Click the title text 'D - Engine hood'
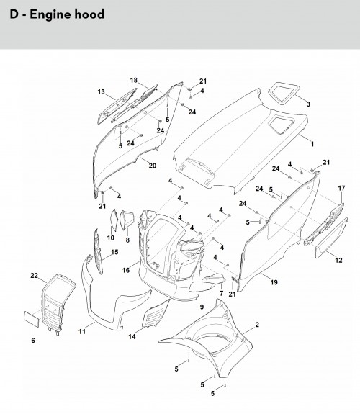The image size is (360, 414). [x=57, y=14]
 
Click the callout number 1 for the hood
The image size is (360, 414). [x=312, y=144]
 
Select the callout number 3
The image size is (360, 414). [x=308, y=104]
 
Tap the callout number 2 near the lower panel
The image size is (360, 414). [x=257, y=325]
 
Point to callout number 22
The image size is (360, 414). [x=34, y=275]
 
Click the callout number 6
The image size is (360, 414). [x=33, y=341]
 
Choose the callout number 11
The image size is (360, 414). [x=82, y=331]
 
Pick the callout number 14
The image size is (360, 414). [x=132, y=336]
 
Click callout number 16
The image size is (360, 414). [x=126, y=270]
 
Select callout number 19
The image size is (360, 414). [x=274, y=282]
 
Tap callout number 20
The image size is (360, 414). [x=153, y=166]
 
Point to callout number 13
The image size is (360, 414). [x=101, y=92]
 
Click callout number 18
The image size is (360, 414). [x=134, y=80]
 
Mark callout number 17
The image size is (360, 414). [x=341, y=188]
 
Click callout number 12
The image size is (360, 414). [x=338, y=260]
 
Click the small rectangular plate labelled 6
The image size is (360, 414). [x=32, y=319]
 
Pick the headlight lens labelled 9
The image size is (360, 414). [x=202, y=287]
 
